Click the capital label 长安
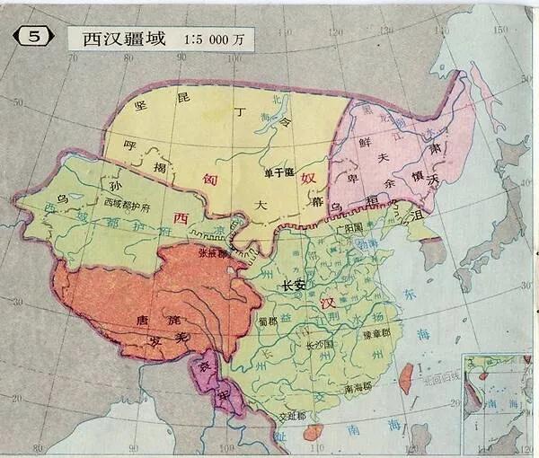[x=295, y=286]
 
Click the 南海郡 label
[x=359, y=389]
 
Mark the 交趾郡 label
[x=289, y=416]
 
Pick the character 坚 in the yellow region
[x=140, y=106]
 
